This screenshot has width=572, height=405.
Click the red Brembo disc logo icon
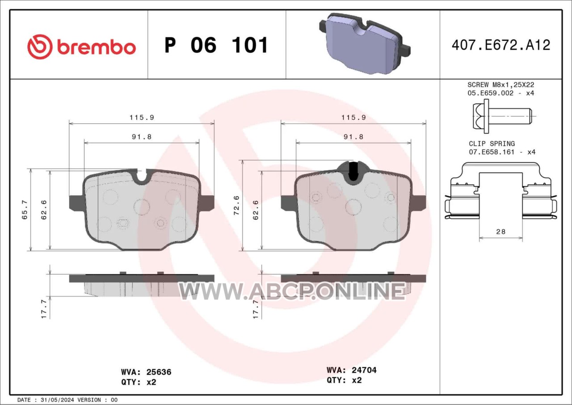point(40,47)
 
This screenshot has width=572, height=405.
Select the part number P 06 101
point(216,45)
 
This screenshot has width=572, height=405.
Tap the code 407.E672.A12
point(501,45)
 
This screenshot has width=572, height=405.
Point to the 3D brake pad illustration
point(365,44)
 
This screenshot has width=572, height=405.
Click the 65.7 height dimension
point(25,210)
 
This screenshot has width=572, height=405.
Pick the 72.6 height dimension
point(236,205)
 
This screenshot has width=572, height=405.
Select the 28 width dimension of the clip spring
point(501,232)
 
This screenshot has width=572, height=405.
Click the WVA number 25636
point(159,372)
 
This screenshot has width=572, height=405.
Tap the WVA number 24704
point(364,370)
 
